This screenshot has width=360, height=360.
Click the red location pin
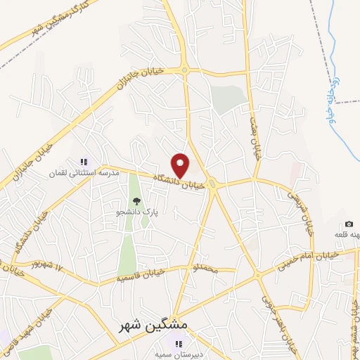[x=181, y=165]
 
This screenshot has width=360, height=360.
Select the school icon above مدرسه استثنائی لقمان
[x=83, y=162]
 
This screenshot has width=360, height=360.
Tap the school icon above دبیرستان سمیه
[x=179, y=344]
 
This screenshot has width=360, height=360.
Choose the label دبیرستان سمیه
[x=179, y=354]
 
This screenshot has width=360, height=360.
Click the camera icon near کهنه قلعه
[x=349, y=224]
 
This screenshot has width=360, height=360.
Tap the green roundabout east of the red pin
[x=213, y=184]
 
